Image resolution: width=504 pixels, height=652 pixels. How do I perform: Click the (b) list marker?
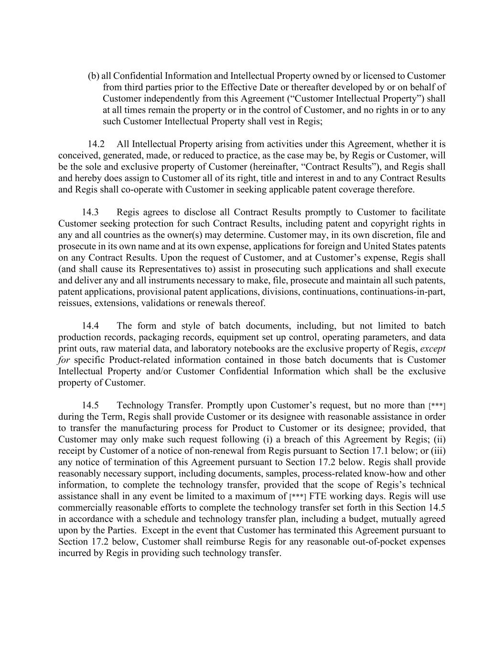click(94, 76)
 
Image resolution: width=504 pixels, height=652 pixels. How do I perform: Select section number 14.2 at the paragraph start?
click(96, 144)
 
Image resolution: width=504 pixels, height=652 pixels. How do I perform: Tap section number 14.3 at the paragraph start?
click(90, 213)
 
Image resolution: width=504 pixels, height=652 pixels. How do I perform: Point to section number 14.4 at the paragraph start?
click(90, 326)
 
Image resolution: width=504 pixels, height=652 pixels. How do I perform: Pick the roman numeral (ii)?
click(439, 439)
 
